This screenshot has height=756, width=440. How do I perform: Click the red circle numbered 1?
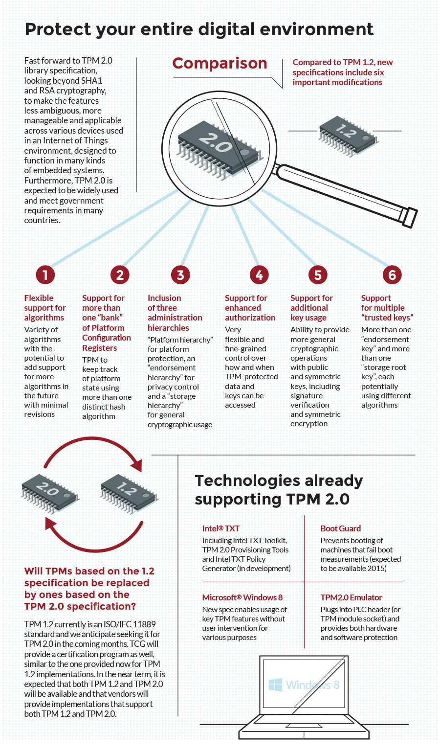(x=45, y=275)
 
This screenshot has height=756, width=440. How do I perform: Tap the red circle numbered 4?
(x=259, y=275)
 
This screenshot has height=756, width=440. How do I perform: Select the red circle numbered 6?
(x=392, y=275)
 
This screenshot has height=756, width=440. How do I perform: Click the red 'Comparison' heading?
(x=220, y=64)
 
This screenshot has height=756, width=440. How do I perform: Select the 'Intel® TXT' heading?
(x=221, y=528)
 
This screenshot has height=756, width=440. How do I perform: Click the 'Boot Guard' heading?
(x=340, y=528)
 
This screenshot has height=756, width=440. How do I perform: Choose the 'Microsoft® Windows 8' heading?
(x=242, y=597)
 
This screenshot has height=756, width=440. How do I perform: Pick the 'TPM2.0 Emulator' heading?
(x=351, y=597)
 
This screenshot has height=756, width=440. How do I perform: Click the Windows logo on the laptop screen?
(x=275, y=685)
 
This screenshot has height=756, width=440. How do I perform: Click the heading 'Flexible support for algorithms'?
(x=44, y=308)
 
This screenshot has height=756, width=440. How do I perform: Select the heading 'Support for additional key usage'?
(x=311, y=308)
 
